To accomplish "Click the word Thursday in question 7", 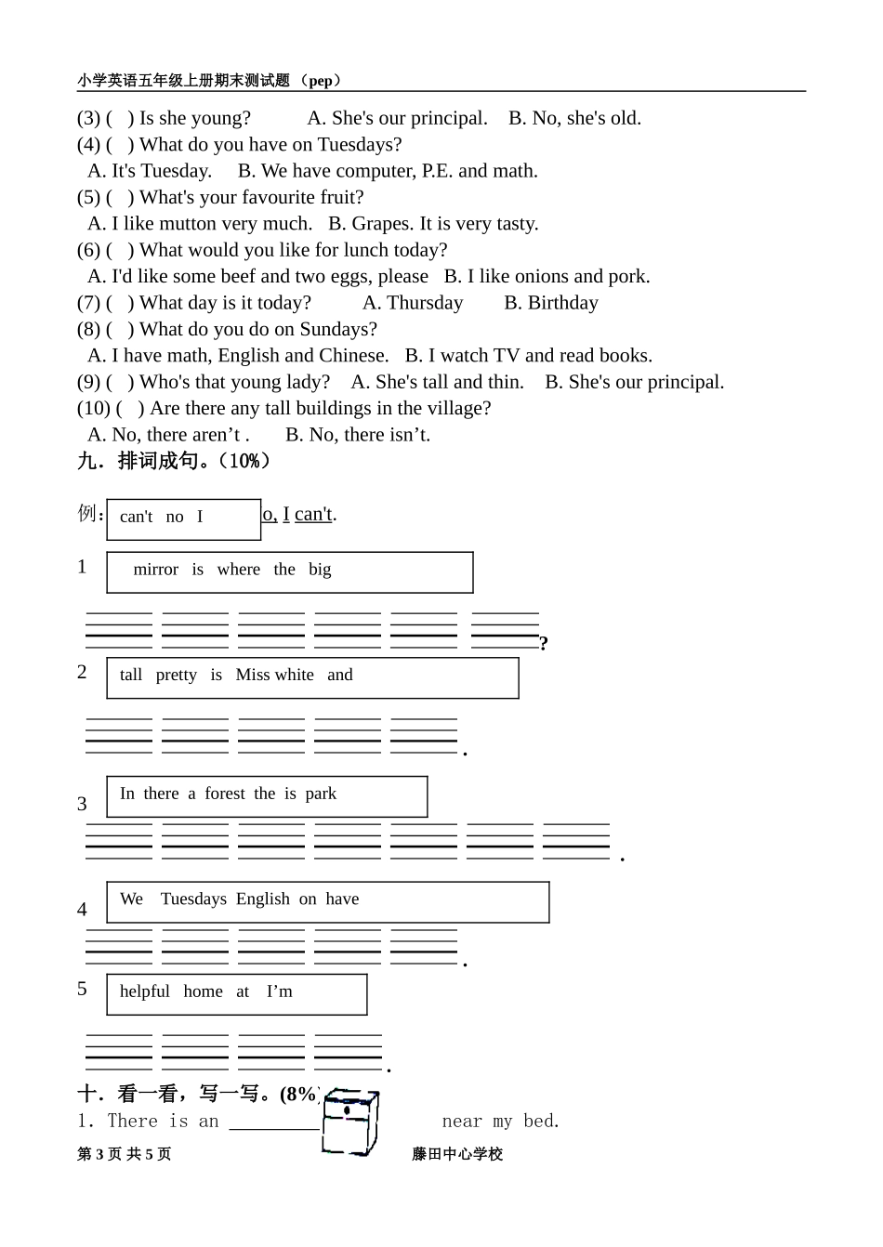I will coord(425,303).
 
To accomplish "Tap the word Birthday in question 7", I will coord(562,303).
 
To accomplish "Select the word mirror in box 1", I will coord(155,570).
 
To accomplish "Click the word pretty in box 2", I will coord(176,676).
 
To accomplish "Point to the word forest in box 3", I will coord(225,794).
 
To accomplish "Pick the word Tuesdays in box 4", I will coord(193,899).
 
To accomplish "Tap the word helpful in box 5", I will coord(145,991).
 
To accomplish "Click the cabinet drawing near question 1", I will coord(350,1122).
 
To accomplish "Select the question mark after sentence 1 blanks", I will coord(544,643).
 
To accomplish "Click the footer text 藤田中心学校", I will coord(457,1154).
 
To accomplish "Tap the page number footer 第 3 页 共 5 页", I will coord(125,1154).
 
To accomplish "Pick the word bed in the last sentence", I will coord(539,1122).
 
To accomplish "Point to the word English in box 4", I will coord(263,899).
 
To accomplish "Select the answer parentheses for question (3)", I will coord(119,119).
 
